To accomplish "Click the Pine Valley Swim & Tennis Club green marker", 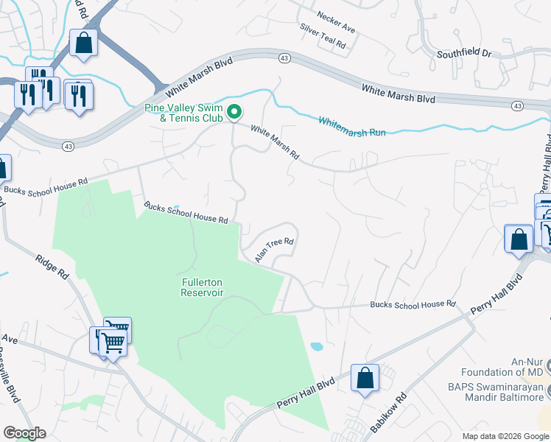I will (235, 112).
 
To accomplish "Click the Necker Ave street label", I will (335, 23).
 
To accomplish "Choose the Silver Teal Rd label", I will (323, 36).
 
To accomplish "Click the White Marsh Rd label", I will (275, 142).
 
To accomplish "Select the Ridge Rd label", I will (52, 266).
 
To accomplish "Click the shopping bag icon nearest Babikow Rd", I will (365, 379).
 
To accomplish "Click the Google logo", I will (24, 433).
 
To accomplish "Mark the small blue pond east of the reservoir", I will (316, 345).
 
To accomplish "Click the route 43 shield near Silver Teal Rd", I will (284, 57).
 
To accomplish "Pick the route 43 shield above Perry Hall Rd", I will (517, 107).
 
